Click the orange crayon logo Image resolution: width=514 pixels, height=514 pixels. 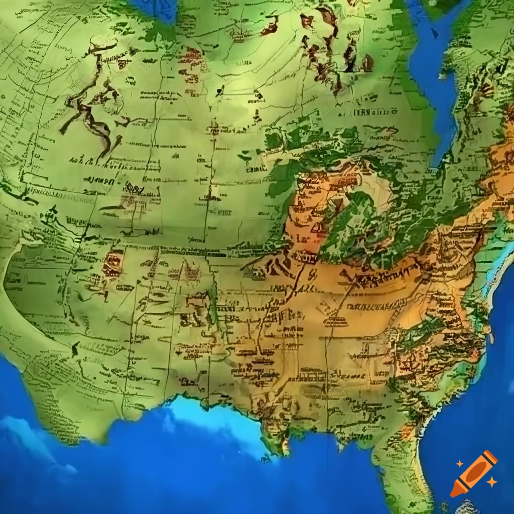(x=473, y=473)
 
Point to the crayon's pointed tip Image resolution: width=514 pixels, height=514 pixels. (x=454, y=493)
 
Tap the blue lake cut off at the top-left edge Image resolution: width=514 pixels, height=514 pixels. (x=151, y=10)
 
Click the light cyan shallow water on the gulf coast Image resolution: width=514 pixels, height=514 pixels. (x=211, y=417)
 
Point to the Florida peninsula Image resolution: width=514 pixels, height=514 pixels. (x=402, y=467)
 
